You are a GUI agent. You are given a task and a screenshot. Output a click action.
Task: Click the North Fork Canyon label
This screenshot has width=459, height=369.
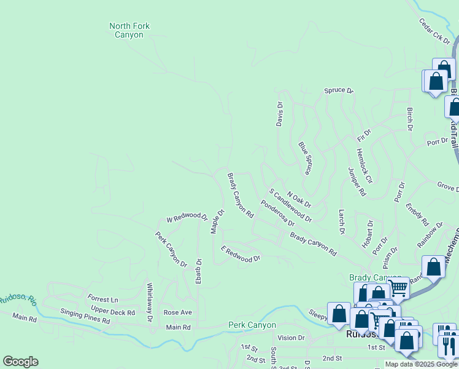pyautogui.click(x=129, y=30)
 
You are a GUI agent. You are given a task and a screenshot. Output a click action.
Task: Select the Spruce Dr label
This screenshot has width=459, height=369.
pyautogui.click(x=339, y=90)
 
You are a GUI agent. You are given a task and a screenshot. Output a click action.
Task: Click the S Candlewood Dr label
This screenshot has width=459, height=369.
pyautogui.click(x=290, y=205)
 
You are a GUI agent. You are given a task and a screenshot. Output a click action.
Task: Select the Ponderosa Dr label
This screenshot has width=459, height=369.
pyautogui.click(x=277, y=213)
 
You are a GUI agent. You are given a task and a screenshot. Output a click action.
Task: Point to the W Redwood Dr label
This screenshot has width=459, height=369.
pyautogui.click(x=187, y=217)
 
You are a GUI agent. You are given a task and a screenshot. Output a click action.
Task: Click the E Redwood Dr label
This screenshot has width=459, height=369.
pyautogui.click(x=241, y=255)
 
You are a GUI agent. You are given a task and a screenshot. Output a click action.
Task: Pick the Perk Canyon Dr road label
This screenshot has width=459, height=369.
pyautogui.click(x=171, y=248)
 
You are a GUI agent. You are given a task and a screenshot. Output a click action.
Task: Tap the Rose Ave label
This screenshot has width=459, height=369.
pyautogui.click(x=178, y=312)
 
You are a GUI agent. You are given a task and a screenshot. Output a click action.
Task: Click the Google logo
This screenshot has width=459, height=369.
pyautogui.click(x=20, y=362)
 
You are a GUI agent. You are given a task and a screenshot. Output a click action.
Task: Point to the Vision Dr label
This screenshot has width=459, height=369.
pyautogui.click(x=291, y=338)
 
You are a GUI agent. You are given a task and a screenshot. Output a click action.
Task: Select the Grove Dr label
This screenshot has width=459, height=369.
pyautogui.click(x=447, y=186)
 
